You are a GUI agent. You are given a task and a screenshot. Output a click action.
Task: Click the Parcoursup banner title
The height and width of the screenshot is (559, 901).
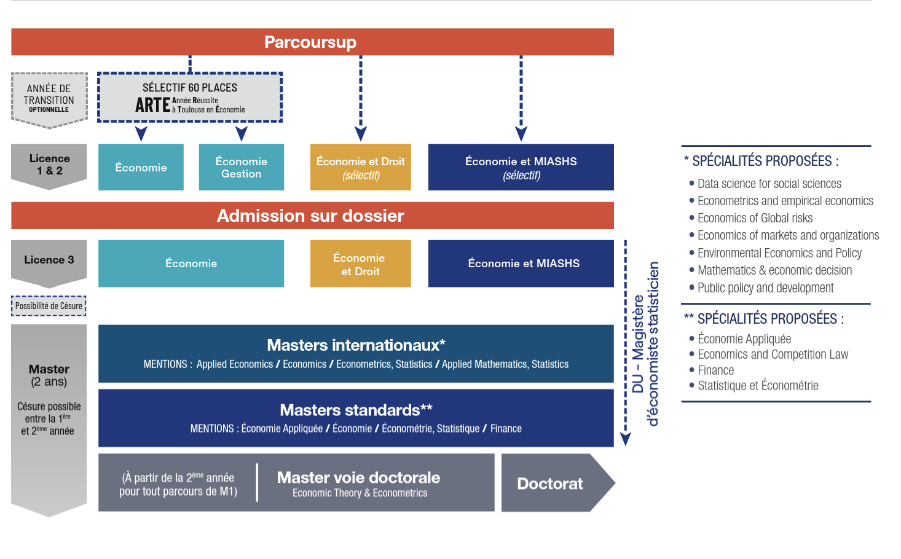310,42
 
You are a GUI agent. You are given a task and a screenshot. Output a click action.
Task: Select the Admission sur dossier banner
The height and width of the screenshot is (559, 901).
310,216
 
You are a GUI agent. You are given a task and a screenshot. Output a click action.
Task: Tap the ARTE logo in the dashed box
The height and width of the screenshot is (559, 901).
153,105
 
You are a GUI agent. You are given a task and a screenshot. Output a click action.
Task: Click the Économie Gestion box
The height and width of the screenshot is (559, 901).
242,167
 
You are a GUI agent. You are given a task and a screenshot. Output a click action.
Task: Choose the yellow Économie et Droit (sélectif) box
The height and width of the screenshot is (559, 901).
361,167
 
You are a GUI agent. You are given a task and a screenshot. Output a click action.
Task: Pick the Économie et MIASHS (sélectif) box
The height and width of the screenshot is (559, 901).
521,167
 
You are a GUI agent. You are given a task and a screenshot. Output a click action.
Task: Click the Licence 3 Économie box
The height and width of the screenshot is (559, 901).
191,264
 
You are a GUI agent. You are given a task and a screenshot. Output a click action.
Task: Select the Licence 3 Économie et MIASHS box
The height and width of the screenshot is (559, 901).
521,264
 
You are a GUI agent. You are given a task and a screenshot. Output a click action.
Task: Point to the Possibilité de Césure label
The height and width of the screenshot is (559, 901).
49,306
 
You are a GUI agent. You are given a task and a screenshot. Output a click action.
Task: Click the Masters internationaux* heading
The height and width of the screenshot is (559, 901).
356,345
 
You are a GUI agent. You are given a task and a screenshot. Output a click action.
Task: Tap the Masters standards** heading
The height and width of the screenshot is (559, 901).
356,410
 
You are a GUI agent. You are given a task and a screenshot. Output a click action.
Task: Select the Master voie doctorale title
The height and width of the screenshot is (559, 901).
358,478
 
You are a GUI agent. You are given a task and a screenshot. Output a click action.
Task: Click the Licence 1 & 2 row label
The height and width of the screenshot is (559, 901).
49,165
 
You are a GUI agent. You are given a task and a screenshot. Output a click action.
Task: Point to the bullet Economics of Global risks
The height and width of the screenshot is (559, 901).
755,218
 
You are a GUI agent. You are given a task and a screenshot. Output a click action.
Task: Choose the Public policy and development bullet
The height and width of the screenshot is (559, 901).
765,288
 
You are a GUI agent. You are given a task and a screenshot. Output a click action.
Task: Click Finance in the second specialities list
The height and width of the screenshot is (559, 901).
715,370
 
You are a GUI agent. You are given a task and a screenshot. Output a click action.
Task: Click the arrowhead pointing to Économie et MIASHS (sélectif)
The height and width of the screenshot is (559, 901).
521,133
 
